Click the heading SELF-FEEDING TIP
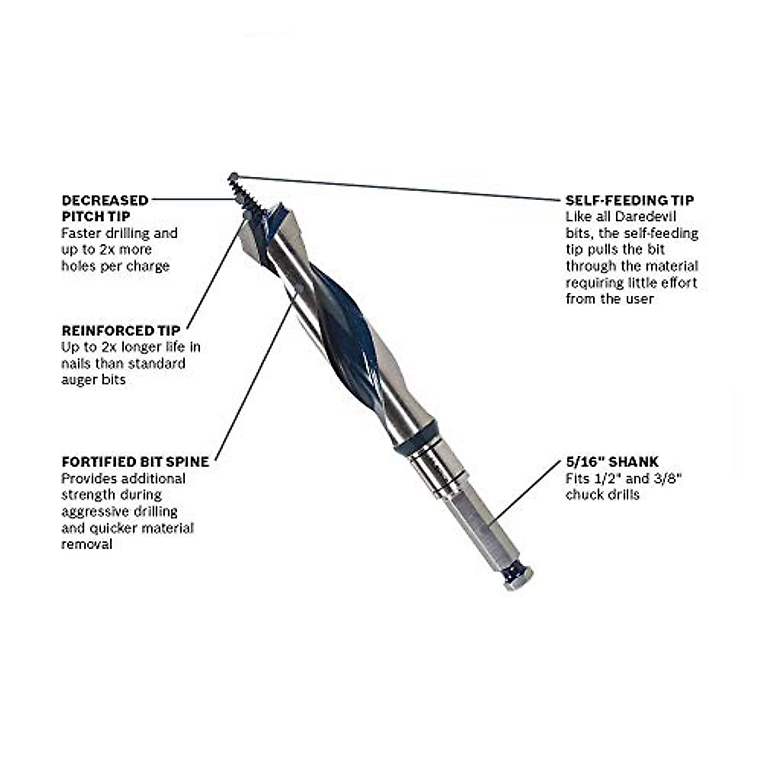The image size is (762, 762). [629, 200]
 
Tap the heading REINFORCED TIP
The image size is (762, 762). [121, 330]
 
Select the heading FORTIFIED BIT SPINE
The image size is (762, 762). [135, 462]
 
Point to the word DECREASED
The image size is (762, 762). [105, 200]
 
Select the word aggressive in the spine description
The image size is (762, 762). [93, 511]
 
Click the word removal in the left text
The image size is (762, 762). [86, 544]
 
